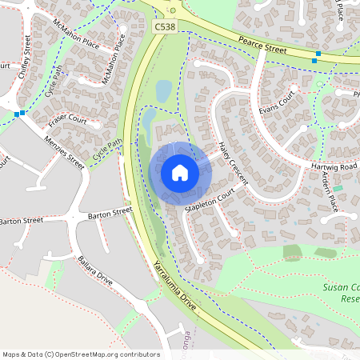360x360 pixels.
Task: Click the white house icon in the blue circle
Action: pos(180,173)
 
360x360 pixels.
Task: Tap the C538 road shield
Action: pos(165,28)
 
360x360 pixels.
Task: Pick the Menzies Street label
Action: pos(64,151)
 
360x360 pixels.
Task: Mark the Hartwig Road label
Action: pos(334,164)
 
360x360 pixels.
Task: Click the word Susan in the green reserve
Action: pos(337,286)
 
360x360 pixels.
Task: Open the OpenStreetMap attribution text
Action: pos(81,354)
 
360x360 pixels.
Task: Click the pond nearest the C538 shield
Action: pos(163,91)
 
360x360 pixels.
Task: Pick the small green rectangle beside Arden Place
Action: pos(338,187)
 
